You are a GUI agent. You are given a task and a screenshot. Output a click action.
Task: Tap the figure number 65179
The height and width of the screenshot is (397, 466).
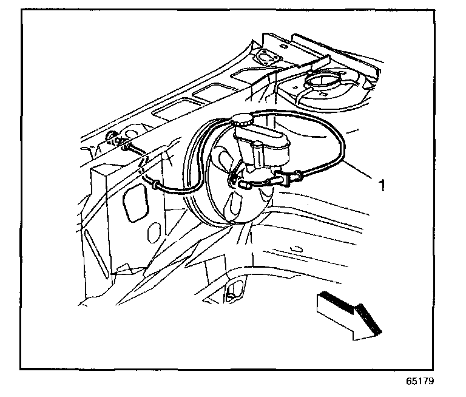click(x=420, y=382)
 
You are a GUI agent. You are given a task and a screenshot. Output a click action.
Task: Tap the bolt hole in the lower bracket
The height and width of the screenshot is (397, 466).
click(x=231, y=296)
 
